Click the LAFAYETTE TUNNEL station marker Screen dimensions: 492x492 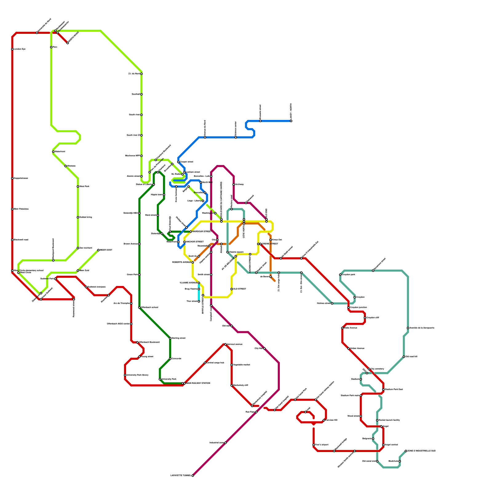click(x=192, y=476)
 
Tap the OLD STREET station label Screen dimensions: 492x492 click(x=240, y=289)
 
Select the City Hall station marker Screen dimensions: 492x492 click(x=264, y=348)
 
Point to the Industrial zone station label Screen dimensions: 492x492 click(x=216, y=443)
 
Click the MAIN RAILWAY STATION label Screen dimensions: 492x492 click(x=198, y=383)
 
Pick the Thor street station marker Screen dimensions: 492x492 click(x=199, y=301)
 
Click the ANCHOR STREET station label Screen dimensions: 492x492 click(x=195, y=242)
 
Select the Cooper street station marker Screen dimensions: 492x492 click(x=178, y=162)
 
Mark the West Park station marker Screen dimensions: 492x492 click(x=78, y=187)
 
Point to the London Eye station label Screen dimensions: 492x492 click(x=20, y=49)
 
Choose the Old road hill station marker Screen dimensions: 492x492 click(x=404, y=357)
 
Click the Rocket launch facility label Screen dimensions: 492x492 click(x=389, y=420)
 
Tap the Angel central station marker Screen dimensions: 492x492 click(x=383, y=445)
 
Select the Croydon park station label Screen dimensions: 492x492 click(x=348, y=275)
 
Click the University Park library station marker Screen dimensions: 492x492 click(x=125, y=375)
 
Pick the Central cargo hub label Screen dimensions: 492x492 click(x=215, y=363)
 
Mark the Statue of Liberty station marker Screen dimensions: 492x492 click(x=154, y=184)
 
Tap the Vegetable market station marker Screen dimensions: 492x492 click(x=232, y=365)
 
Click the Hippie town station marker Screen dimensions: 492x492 click(x=164, y=195)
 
